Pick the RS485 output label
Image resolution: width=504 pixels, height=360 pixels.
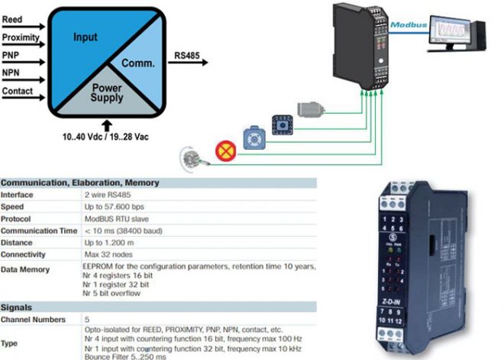coord(187,55)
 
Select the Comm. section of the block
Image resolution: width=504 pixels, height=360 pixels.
coord(137,66)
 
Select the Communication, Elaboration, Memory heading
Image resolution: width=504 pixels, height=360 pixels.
coord(80,183)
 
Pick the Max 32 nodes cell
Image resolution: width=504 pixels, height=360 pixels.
coord(109,254)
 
